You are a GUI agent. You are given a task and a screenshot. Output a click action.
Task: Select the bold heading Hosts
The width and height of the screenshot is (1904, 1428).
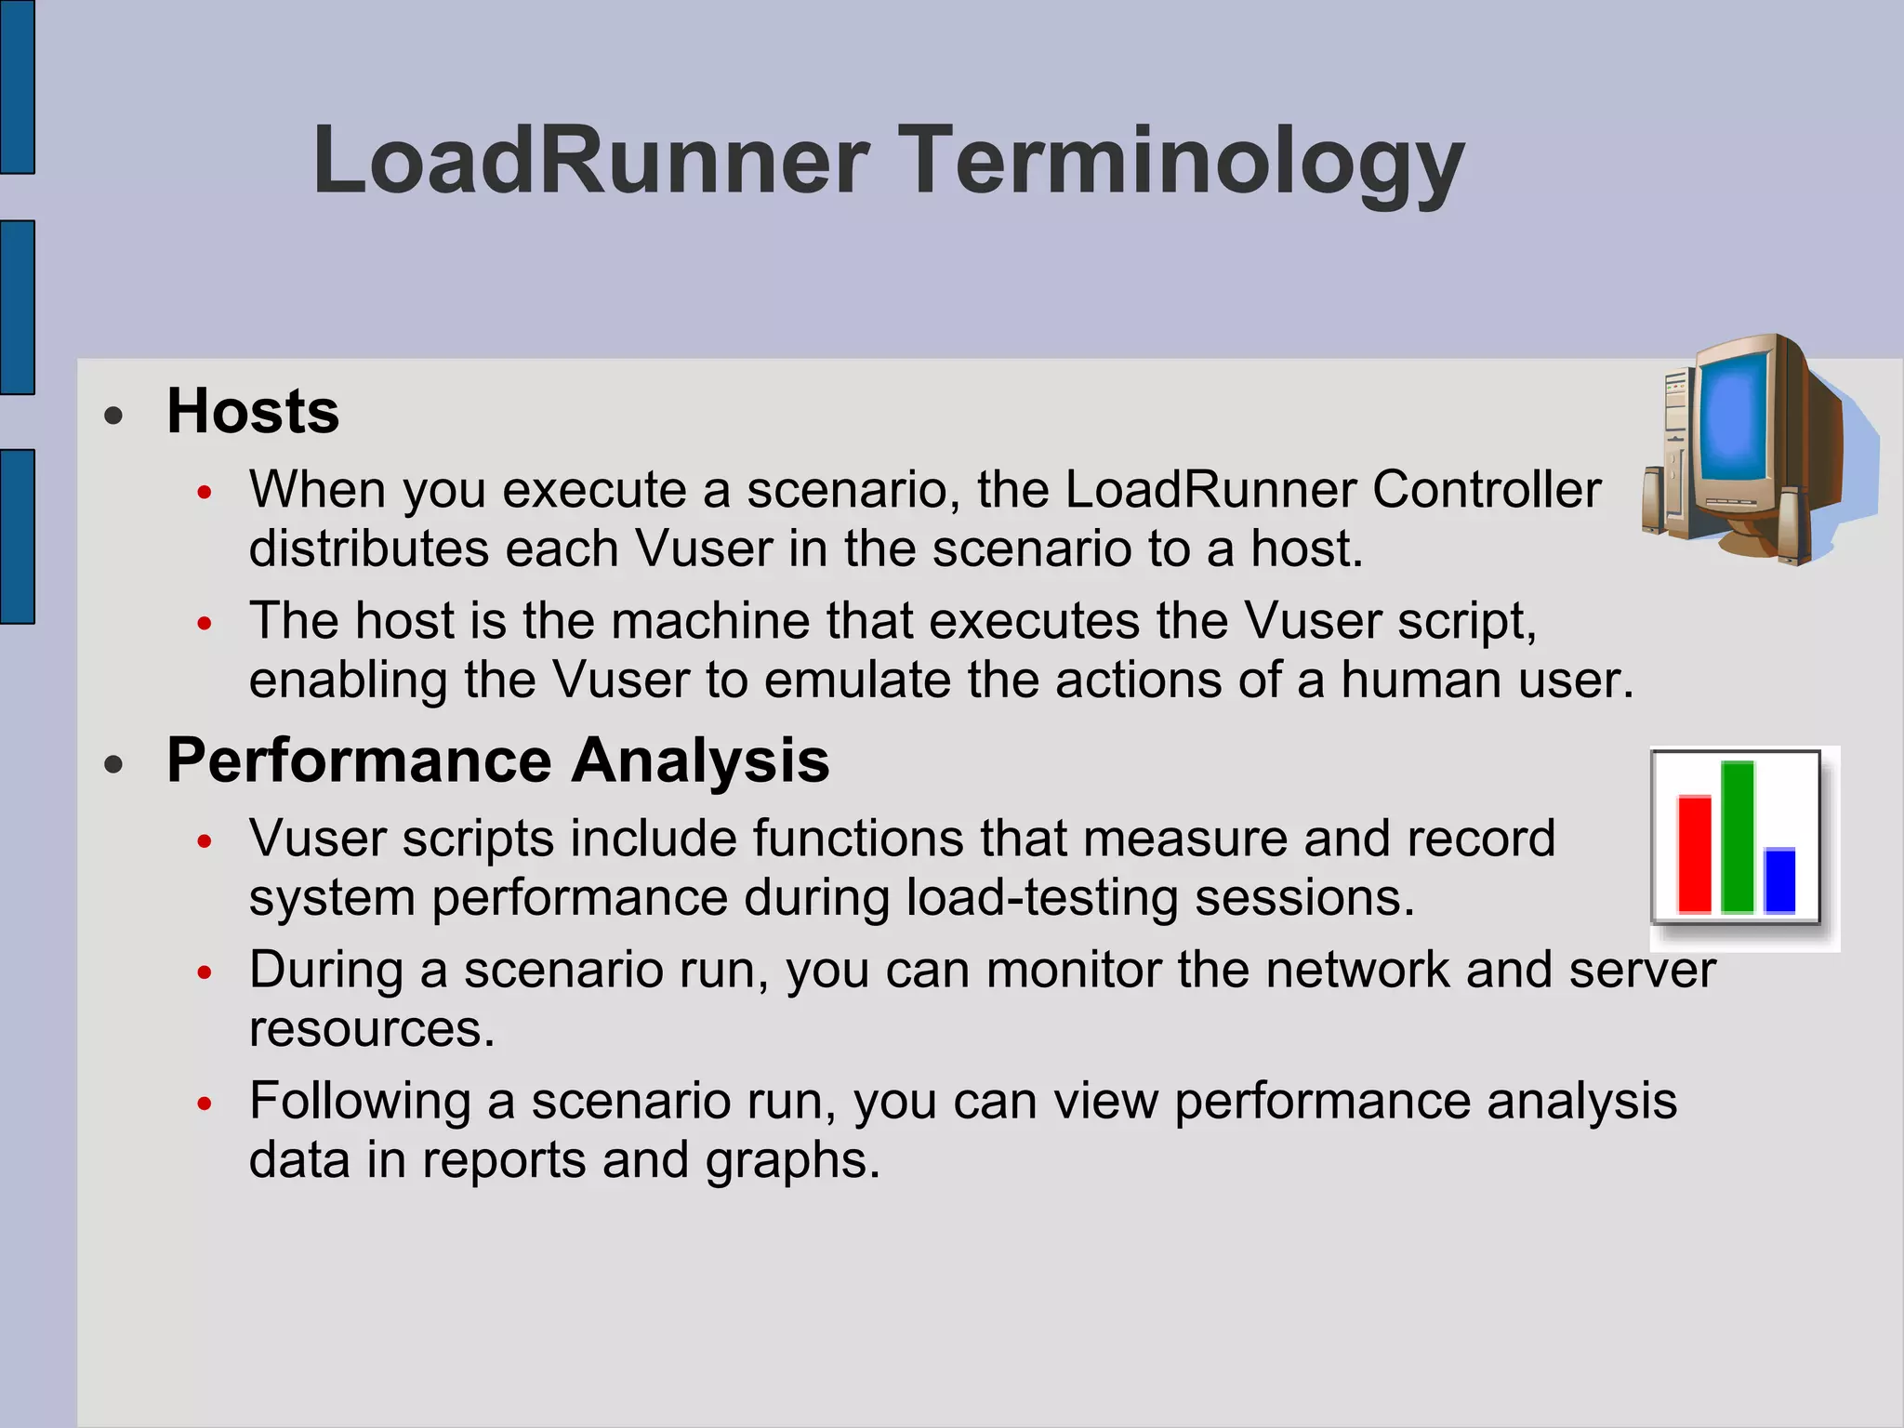click(x=253, y=411)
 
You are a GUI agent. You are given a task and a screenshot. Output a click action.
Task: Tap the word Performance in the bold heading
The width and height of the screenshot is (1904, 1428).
click(x=359, y=761)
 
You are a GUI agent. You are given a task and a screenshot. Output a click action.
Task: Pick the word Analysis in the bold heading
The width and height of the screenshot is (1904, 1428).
click(x=700, y=761)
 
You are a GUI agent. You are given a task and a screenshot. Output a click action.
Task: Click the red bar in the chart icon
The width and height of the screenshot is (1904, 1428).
click(x=1694, y=853)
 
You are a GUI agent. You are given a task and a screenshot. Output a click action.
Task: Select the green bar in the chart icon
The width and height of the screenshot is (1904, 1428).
click(x=1737, y=837)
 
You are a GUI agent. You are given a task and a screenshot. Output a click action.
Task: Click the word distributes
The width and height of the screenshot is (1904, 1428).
click(x=368, y=549)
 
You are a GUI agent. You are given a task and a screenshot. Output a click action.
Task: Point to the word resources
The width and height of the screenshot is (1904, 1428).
click(x=372, y=1029)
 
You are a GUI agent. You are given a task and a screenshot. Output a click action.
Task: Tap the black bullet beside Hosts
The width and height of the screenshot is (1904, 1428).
click(x=114, y=416)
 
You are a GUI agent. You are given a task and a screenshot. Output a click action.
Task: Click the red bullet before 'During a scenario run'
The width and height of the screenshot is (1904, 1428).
click(x=205, y=972)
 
